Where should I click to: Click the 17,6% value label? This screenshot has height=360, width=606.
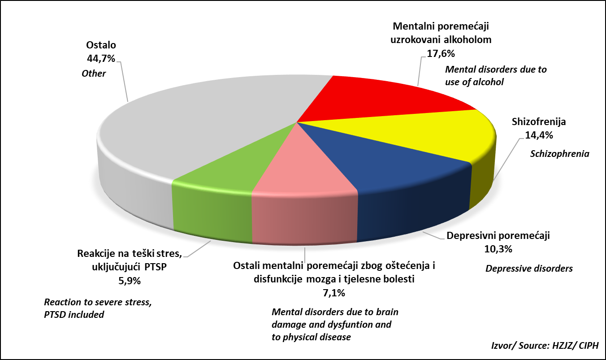[441, 54]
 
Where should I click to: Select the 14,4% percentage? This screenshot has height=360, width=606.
[539, 135]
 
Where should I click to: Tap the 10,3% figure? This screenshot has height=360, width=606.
[498, 249]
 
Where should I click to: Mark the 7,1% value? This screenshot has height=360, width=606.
[334, 293]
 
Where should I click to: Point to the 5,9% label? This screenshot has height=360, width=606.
[130, 281]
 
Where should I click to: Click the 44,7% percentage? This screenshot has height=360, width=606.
[101, 58]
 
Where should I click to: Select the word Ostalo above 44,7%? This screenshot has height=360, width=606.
[101, 45]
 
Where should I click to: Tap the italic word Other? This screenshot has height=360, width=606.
[94, 74]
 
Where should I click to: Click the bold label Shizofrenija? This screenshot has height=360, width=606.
[539, 121]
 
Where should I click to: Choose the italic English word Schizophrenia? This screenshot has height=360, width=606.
[559, 154]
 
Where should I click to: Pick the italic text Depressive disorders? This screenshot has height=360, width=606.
[529, 268]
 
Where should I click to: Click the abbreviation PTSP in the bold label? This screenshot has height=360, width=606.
[156, 267]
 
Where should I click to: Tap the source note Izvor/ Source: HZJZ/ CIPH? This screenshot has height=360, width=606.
[545, 345]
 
